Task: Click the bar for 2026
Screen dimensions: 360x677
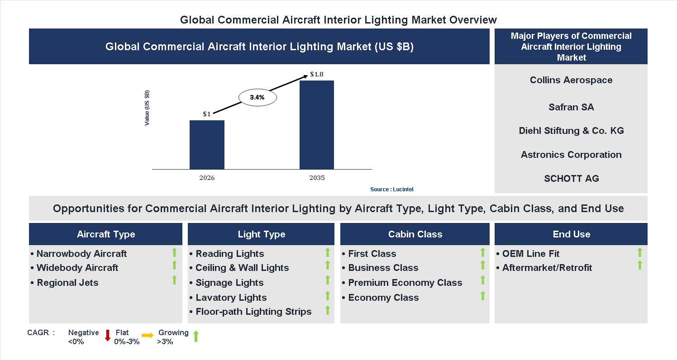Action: (x=207, y=145)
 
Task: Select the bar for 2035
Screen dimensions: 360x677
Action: (x=317, y=125)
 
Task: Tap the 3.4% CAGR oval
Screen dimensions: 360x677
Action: (x=257, y=97)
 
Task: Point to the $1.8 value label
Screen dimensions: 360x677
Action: (x=317, y=74)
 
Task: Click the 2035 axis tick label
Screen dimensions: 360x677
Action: (x=317, y=178)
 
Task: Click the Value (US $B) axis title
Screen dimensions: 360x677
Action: (x=147, y=108)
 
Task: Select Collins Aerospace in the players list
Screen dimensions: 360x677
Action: (x=571, y=80)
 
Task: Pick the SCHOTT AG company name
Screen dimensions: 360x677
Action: (x=571, y=179)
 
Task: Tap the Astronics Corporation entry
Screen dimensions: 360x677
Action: (x=571, y=155)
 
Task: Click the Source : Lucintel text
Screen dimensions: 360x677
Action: (x=391, y=189)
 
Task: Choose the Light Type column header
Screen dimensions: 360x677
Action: (x=261, y=234)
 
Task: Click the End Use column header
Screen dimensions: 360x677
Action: (x=571, y=234)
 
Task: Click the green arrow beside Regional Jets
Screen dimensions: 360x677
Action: (x=174, y=280)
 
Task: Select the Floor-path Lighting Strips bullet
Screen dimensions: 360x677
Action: (x=253, y=312)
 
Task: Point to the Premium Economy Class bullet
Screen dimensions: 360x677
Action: (x=405, y=283)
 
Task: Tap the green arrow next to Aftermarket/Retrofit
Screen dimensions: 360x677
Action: (x=639, y=265)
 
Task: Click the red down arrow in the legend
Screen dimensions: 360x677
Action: (x=108, y=336)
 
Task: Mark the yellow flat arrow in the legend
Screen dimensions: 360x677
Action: (x=148, y=336)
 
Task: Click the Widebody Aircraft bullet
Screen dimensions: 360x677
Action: (x=77, y=268)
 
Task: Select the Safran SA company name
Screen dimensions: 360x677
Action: (x=571, y=107)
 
